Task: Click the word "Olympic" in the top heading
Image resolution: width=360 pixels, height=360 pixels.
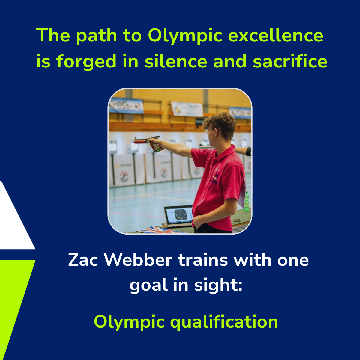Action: (x=185, y=36)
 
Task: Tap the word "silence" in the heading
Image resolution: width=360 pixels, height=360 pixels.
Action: (x=176, y=61)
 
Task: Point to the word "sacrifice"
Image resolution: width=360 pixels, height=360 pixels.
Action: (x=290, y=61)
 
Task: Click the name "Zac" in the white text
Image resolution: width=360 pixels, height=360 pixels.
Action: (x=83, y=260)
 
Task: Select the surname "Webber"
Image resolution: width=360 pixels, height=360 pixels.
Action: (x=138, y=260)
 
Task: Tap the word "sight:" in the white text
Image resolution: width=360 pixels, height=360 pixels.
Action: (x=218, y=285)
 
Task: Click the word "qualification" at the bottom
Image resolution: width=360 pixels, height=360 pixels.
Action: (x=224, y=322)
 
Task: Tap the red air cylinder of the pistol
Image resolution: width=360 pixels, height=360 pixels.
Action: (x=140, y=142)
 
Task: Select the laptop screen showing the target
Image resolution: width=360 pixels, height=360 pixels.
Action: (x=179, y=215)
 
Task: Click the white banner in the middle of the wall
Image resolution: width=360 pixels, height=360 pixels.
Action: (x=187, y=109)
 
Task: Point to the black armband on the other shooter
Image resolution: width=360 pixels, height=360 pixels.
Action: (x=248, y=151)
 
